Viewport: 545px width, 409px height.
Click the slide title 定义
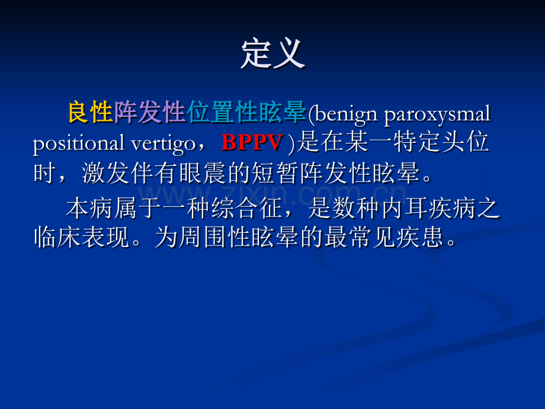pyautogui.click(x=273, y=55)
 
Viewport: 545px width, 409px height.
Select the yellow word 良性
pyautogui.click(x=91, y=113)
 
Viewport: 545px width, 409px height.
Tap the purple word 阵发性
pyautogui.click(x=150, y=113)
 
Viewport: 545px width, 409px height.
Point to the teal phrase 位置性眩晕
pyautogui.click(x=246, y=113)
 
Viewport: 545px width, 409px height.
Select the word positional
pyautogui.click(x=79, y=143)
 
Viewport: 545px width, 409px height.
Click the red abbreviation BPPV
pyautogui.click(x=251, y=142)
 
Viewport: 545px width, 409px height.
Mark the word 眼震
pyautogui.click(x=203, y=172)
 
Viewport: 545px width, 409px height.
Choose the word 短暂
pyautogui.click(x=275, y=172)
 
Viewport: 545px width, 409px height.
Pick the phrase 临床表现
pyautogui.click(x=82, y=238)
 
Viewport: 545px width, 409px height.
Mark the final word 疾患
pyautogui.click(x=419, y=238)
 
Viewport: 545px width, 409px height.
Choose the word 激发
pyautogui.click(x=105, y=172)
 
